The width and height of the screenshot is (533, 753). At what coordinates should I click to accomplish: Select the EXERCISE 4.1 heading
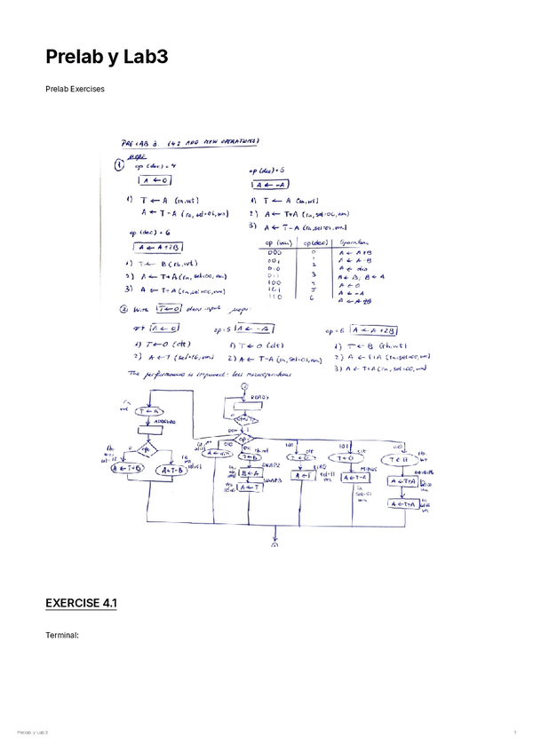tap(81, 604)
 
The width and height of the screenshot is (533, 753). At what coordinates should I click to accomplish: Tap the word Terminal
tap(62, 636)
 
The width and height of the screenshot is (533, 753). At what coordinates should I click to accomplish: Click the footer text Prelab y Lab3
tap(32, 732)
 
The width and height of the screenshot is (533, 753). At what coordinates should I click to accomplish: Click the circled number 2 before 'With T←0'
tap(123, 310)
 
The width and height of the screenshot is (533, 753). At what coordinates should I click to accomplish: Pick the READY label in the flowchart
tap(259, 397)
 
